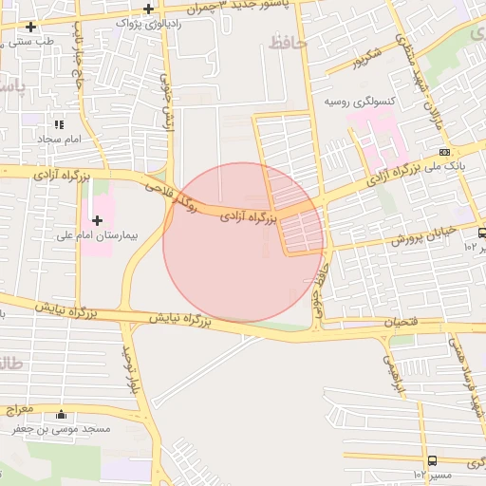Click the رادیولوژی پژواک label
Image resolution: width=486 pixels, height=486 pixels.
point(148,23)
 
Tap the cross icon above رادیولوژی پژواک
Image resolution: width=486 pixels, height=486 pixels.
point(149,9)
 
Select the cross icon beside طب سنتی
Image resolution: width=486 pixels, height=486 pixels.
point(32,27)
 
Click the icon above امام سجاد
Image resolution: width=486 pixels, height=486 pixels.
point(59,123)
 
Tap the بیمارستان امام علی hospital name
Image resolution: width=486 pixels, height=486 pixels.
point(96,235)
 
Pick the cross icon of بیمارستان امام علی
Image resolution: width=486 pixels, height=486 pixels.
point(97,220)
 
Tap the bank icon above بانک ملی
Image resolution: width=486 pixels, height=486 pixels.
point(444,151)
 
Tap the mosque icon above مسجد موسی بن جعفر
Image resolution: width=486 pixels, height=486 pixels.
point(62,415)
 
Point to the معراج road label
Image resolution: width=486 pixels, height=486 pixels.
point(18,409)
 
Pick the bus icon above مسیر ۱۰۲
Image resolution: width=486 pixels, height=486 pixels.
point(433,460)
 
